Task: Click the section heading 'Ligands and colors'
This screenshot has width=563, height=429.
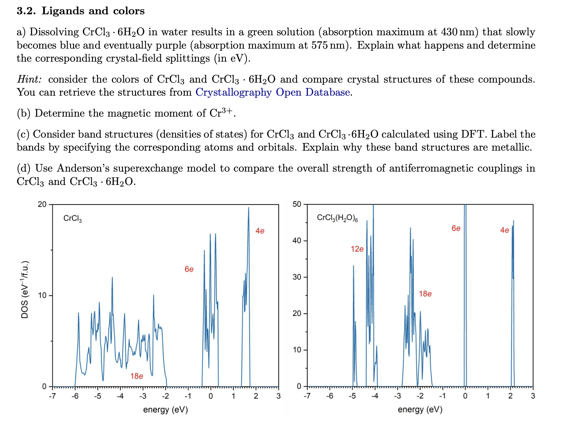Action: (x=93, y=11)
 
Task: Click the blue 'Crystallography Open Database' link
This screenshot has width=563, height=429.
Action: (x=273, y=92)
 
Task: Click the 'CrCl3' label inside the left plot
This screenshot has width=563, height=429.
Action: (x=72, y=218)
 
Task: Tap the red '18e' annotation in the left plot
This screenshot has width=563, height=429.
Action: (x=137, y=376)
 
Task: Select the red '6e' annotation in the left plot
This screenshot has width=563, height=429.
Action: (x=189, y=269)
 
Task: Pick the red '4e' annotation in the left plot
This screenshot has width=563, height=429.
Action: (x=260, y=231)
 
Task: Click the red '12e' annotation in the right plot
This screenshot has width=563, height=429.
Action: (x=357, y=249)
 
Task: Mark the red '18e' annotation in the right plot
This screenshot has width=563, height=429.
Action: (x=425, y=294)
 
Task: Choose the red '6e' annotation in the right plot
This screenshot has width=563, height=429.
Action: (x=456, y=228)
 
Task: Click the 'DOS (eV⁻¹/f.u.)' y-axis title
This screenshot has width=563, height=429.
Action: (x=25, y=289)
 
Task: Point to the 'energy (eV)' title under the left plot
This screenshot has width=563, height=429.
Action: (x=166, y=410)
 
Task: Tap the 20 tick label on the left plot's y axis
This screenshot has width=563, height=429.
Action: (x=42, y=204)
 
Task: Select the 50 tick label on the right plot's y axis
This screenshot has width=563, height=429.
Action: (x=297, y=204)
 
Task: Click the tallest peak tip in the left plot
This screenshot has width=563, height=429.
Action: (x=248, y=208)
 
